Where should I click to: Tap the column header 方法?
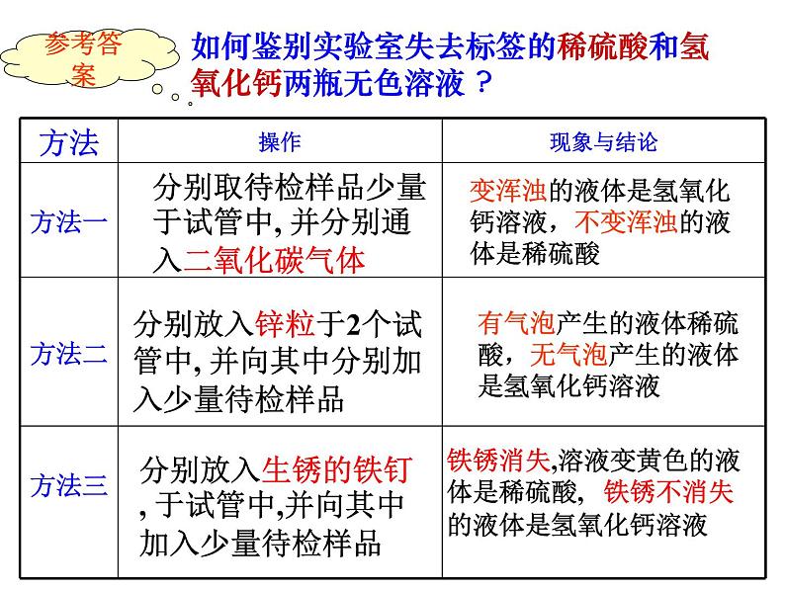pos(68,144)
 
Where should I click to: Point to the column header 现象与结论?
pos(603,143)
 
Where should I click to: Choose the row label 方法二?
pos(68,355)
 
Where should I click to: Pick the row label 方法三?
pos(68,485)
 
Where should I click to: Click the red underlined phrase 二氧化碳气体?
pos(275,260)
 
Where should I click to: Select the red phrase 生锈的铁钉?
pos(337,468)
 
